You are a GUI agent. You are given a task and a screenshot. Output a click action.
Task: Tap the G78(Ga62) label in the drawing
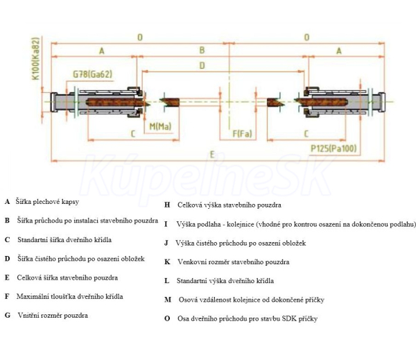tap(93, 74)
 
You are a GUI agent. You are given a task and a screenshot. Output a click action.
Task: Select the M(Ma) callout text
tap(161, 126)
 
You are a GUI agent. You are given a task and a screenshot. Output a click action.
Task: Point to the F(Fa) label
tap(241, 132)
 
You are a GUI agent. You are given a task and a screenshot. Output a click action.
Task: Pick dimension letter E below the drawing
tap(211, 155)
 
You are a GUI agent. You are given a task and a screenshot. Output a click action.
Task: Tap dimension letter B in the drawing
tap(202, 50)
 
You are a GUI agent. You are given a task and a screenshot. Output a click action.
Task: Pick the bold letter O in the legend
tap(167, 318)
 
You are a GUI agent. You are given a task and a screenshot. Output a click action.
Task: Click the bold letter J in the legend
tap(166, 243)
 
